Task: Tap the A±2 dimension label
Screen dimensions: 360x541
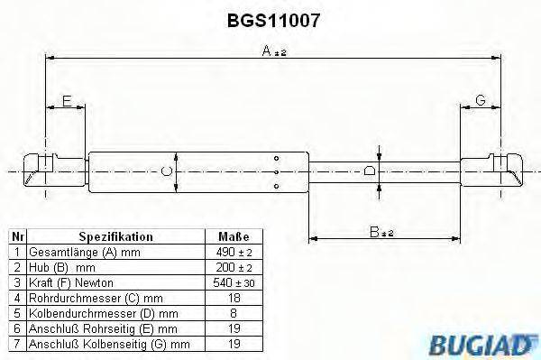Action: tap(273, 51)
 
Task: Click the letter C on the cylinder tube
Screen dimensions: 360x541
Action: tap(165, 169)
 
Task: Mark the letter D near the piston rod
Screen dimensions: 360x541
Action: tap(369, 170)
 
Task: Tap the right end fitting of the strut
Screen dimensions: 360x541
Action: tap(505, 169)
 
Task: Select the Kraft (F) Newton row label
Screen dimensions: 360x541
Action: tap(68, 282)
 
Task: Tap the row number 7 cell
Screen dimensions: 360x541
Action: tap(15, 344)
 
